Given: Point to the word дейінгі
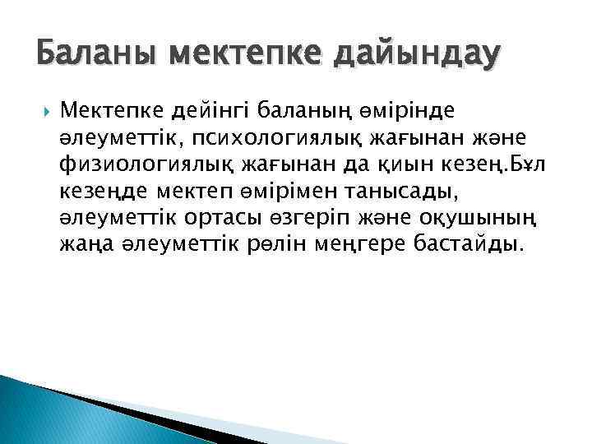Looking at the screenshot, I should pyautogui.click(x=194, y=108).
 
